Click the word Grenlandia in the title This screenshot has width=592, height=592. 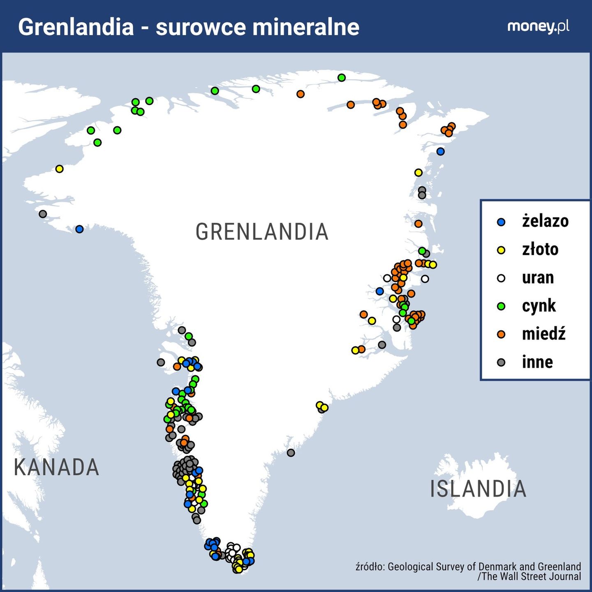point(76,27)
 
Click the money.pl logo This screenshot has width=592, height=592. point(538,26)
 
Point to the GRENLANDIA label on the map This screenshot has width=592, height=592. point(262,232)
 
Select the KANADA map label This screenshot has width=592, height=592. point(56,467)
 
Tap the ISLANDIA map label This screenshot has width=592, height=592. point(478,489)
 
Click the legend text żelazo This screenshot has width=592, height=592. point(545,221)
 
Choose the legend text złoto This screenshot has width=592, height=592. point(540,250)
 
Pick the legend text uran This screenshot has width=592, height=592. point(538,278)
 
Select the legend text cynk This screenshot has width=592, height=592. point(539,306)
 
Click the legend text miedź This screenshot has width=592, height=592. point(543,334)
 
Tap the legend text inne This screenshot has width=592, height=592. point(537,362)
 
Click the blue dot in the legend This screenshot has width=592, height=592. point(501,222)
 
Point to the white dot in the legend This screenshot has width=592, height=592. point(501,278)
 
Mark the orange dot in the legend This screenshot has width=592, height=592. point(501,334)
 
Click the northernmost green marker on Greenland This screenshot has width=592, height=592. point(341,78)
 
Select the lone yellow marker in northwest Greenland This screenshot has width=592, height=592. point(59,169)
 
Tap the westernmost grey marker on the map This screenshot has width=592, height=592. point(43,214)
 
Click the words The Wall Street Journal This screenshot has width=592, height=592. point(532,576)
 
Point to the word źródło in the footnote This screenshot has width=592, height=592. point(370,567)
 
